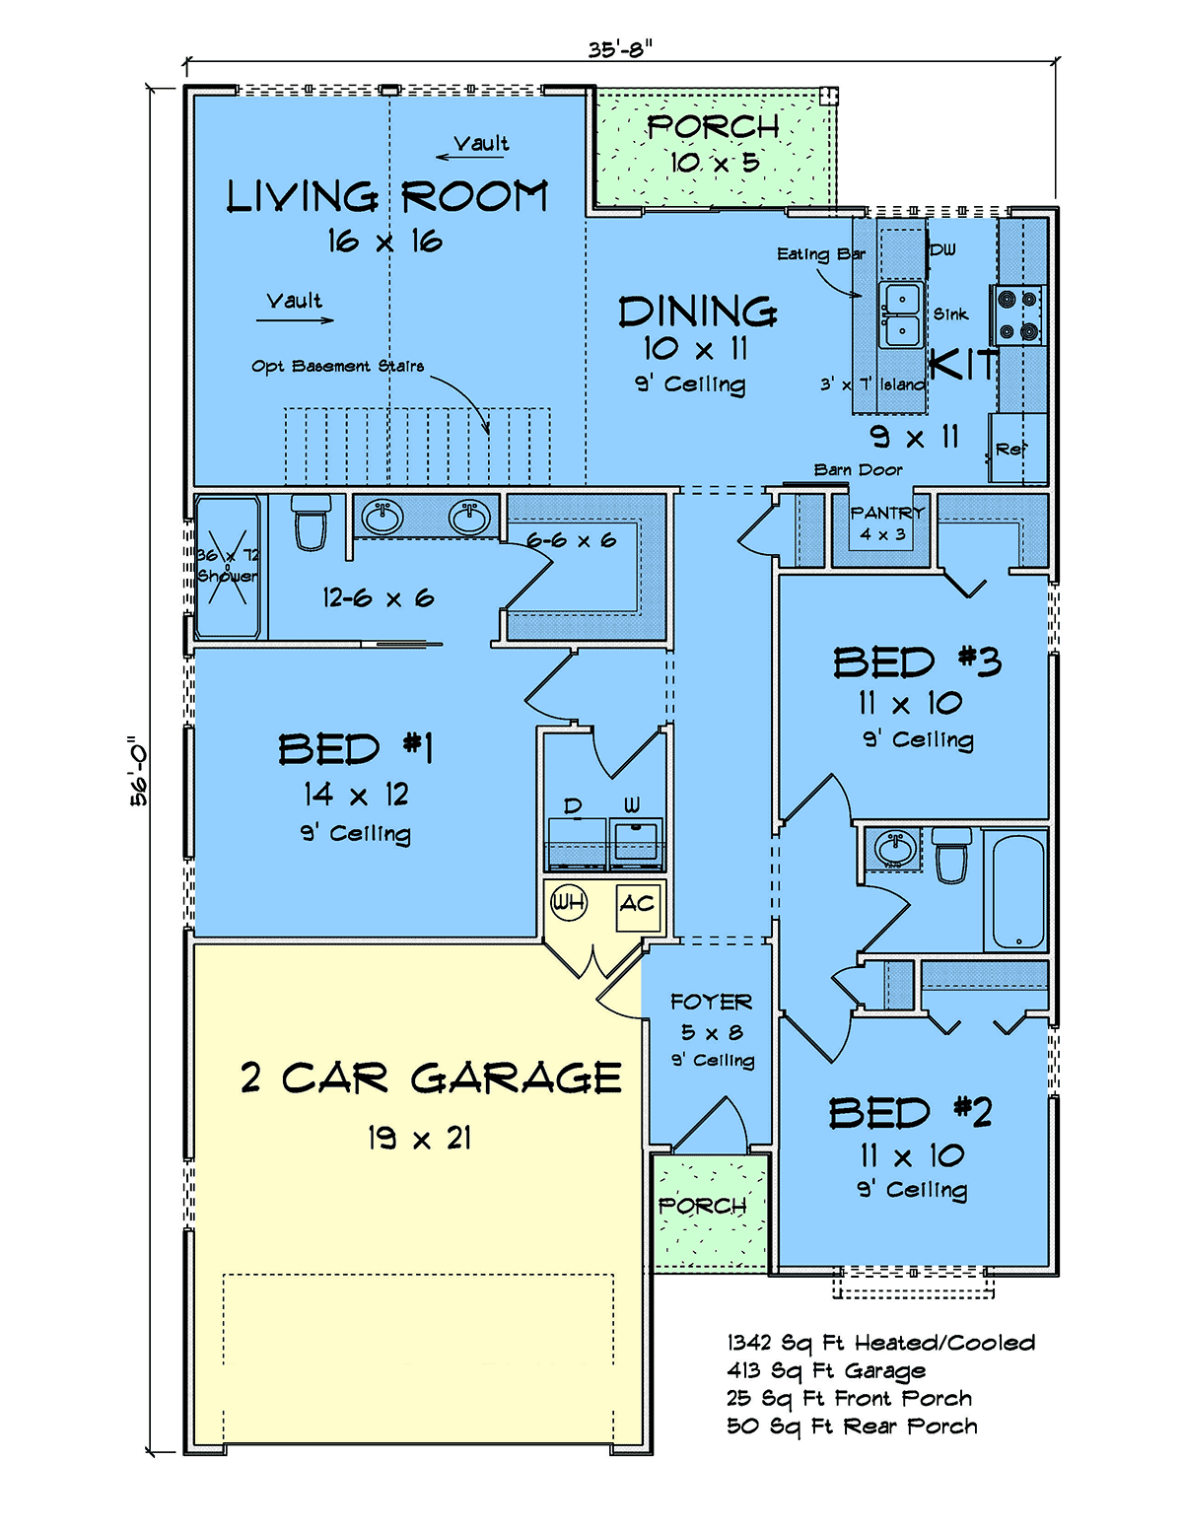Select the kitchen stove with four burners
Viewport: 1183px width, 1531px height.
(x=1017, y=314)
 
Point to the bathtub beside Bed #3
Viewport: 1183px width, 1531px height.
(x=1018, y=892)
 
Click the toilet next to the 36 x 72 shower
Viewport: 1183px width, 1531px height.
(x=310, y=522)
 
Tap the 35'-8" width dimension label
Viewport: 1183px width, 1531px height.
(x=620, y=50)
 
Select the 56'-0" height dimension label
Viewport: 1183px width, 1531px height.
(x=139, y=771)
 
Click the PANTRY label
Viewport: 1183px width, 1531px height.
(x=886, y=513)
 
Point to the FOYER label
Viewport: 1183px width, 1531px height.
(x=711, y=1002)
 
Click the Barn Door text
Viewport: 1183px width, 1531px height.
(x=859, y=470)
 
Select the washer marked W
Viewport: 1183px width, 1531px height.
(x=635, y=843)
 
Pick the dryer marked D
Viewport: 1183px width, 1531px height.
(x=577, y=843)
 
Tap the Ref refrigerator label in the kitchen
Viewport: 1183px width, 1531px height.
(x=1011, y=449)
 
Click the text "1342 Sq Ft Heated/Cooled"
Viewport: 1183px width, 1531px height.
(x=881, y=1343)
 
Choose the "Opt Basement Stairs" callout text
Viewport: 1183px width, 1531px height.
(x=337, y=366)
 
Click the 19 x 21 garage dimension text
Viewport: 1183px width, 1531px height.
(x=420, y=1138)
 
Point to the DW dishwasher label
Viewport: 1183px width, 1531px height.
(x=943, y=249)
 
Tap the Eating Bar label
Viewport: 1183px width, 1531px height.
(x=821, y=254)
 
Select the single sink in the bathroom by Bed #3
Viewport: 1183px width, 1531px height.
(x=895, y=848)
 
